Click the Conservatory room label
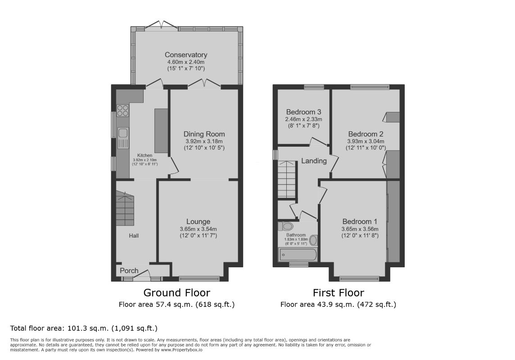pos(186,55)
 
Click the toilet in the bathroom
pos(285,226)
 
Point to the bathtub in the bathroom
pos(298,255)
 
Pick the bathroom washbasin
pos(313,241)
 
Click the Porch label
pos(129,271)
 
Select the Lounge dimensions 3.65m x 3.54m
pos(198,229)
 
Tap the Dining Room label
pos(204,134)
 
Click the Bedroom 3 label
pos(303,112)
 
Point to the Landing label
pos(314,161)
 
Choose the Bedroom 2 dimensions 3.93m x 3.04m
pos(366,141)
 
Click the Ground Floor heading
pos(177,292)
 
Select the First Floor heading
pos(338,292)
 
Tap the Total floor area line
pos(84,328)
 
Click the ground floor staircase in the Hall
pos(125,209)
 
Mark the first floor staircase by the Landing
pos(287,179)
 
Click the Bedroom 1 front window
pos(359,279)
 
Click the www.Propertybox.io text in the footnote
pos(181,350)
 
